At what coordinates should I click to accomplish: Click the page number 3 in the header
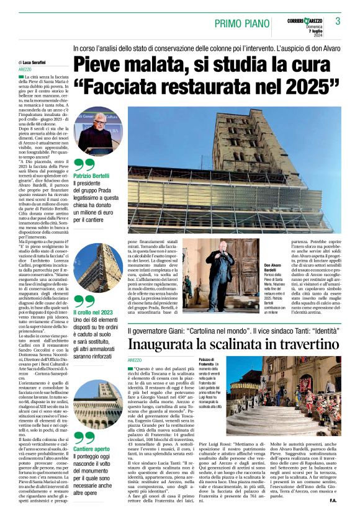click(x=338, y=21)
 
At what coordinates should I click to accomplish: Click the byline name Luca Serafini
click(x=36, y=63)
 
